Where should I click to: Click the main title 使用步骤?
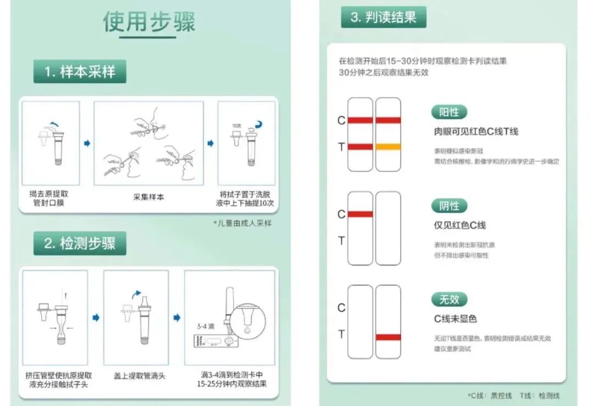point(149,21)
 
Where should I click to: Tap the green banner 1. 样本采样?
point(80,72)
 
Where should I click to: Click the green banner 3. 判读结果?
point(383,17)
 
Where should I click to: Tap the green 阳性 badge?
point(449,112)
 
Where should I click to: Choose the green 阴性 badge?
point(449,206)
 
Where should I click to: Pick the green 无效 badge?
point(449,300)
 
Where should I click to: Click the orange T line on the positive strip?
point(388,146)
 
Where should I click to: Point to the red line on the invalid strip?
point(388,337)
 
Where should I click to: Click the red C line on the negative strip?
point(360,214)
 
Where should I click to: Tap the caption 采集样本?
point(149,197)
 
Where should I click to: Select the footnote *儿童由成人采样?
point(242,223)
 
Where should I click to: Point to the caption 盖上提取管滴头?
point(139,376)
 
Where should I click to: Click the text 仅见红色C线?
point(460,225)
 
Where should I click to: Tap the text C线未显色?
point(455,319)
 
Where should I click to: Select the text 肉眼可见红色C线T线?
point(475,132)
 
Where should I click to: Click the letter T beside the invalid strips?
point(341,334)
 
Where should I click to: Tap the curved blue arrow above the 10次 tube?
point(258,126)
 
